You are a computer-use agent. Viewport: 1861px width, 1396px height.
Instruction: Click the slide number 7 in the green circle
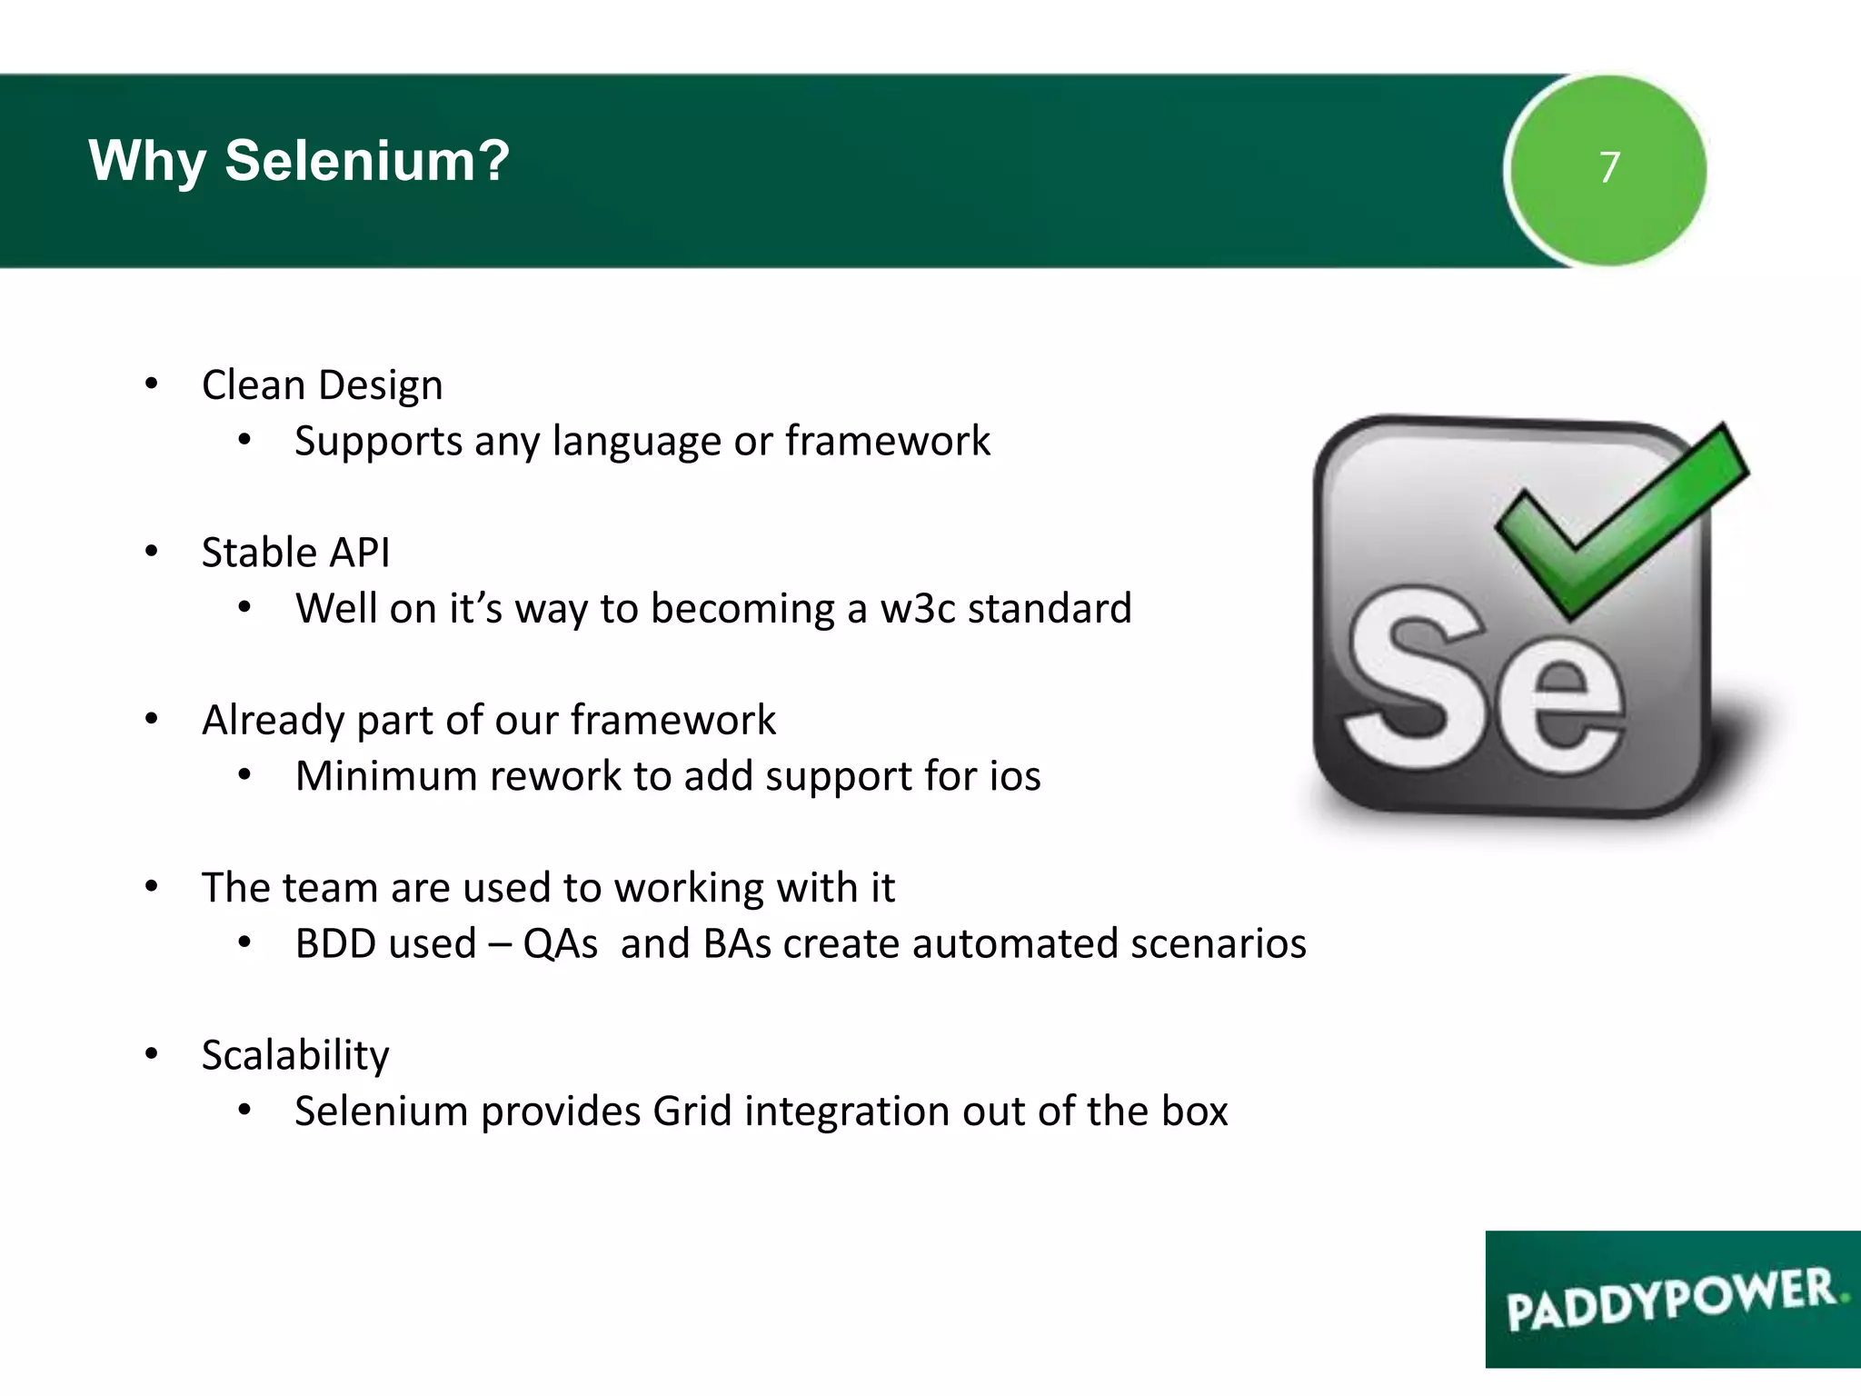(x=1609, y=167)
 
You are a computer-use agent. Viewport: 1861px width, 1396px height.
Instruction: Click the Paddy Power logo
(x=1672, y=1299)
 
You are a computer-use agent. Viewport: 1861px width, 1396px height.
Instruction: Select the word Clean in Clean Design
(x=253, y=385)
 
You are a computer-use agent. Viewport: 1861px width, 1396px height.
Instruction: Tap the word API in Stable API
(x=360, y=553)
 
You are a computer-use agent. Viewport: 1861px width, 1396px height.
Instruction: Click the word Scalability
(x=295, y=1056)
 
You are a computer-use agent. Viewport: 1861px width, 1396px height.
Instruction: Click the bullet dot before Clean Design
(x=152, y=384)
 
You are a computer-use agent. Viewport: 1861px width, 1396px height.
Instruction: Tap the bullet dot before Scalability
(x=152, y=1054)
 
